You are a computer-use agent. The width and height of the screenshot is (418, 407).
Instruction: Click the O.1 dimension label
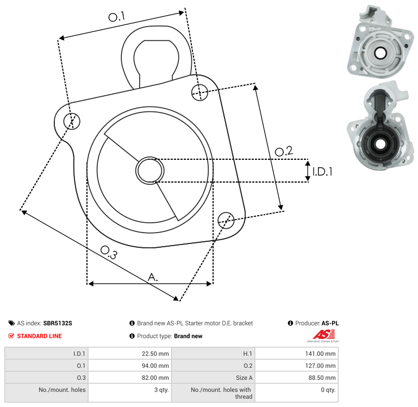tap(116, 17)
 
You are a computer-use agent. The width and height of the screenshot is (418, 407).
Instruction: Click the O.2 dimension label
tap(284, 152)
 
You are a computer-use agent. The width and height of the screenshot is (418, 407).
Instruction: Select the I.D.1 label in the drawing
tap(322, 171)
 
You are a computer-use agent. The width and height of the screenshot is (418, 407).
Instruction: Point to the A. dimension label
tap(153, 277)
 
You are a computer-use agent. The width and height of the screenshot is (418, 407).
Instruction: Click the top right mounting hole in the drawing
tap(200, 91)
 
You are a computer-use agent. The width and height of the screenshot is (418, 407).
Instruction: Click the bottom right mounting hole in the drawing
tap(226, 220)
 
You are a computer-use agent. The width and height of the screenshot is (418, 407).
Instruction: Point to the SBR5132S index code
tap(58, 323)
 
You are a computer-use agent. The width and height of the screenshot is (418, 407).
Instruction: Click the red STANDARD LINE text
tap(39, 336)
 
